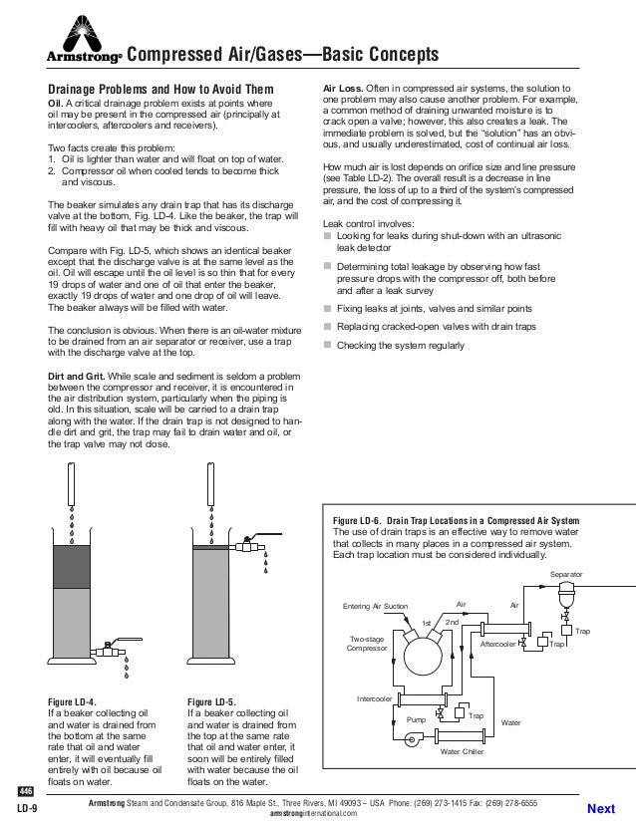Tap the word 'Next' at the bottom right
tap(602, 808)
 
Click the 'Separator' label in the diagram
tap(565, 575)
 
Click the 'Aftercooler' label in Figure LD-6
tap(498, 645)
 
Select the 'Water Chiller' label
tap(462, 751)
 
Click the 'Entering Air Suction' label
tap(375, 606)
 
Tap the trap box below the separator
tap(566, 632)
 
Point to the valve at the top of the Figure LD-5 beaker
tap(246, 546)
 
